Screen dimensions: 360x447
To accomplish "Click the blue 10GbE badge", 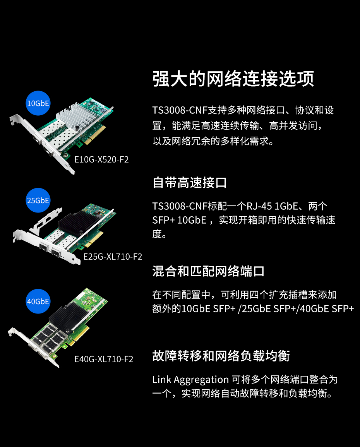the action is coord(38,103).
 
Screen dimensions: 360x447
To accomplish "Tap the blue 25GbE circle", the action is coord(38,200).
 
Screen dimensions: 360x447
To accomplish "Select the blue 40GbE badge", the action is coord(38,301).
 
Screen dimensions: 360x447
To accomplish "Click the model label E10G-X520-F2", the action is coord(101,159).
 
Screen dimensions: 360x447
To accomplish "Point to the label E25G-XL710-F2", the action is coord(113,257).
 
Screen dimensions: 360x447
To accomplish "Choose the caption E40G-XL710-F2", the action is coord(104,359).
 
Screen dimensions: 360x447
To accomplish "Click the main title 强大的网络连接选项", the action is coord(233,79).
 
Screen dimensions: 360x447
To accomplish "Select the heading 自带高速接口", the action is coord(190,182).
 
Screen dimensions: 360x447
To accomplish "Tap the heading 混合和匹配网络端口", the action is coord(208,271).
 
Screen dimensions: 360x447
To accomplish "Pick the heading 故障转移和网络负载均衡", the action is coord(221,356).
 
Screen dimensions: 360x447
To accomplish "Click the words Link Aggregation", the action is coord(190,380).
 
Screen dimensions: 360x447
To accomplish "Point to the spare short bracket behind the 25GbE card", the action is coord(46,221).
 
